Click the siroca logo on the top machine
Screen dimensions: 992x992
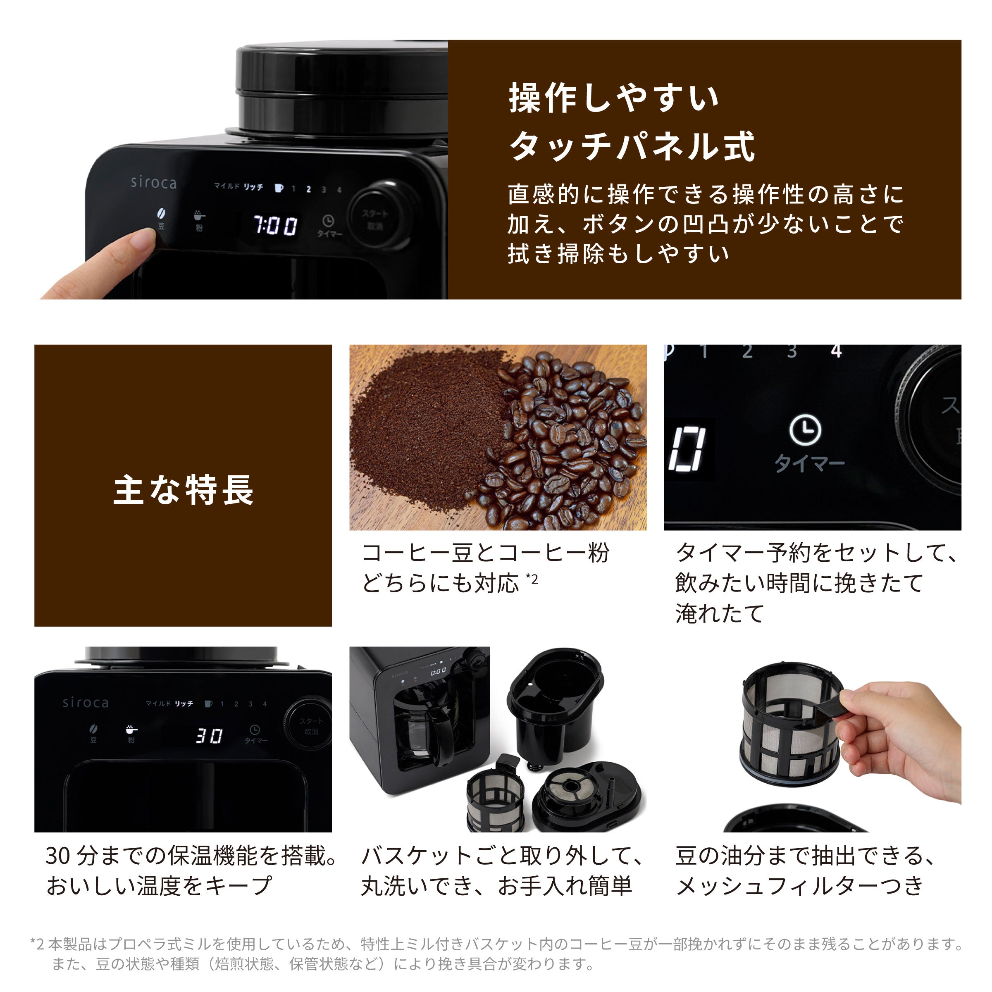tap(153, 182)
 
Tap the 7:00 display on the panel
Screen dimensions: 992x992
tap(275, 225)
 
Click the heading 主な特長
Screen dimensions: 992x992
tap(183, 490)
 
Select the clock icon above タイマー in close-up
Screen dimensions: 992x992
tap(805, 430)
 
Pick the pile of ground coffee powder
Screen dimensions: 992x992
tap(426, 431)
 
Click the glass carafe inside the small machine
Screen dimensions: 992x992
tap(426, 729)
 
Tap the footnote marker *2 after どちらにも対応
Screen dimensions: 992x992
tap(532, 579)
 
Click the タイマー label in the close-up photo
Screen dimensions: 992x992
tap(809, 463)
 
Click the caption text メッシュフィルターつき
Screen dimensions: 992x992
tap(799, 886)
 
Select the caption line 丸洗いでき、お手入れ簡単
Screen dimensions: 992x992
tap(496, 886)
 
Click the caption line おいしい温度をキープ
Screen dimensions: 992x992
tap(159, 886)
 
